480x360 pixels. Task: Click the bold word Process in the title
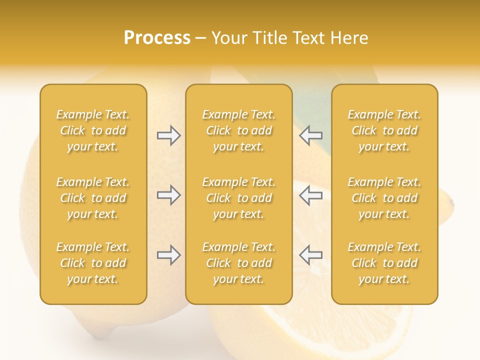(x=157, y=38)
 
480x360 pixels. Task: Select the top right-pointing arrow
(x=168, y=135)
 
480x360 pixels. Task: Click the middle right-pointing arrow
(x=168, y=195)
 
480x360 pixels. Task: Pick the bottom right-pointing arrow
(x=168, y=255)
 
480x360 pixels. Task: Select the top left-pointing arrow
(x=310, y=135)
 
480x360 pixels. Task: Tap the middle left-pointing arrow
(x=310, y=195)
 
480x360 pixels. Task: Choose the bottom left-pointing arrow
(x=310, y=254)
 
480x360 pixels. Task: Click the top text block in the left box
(x=93, y=130)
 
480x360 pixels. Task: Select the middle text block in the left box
(x=93, y=198)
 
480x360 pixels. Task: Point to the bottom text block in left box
(x=93, y=263)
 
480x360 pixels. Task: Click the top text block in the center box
(x=239, y=130)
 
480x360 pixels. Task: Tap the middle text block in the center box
(x=239, y=198)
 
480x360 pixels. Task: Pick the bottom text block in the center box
(x=239, y=263)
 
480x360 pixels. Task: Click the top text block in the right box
(x=384, y=130)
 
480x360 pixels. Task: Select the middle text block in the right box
(x=384, y=198)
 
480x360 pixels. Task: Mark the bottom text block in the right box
(x=384, y=263)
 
